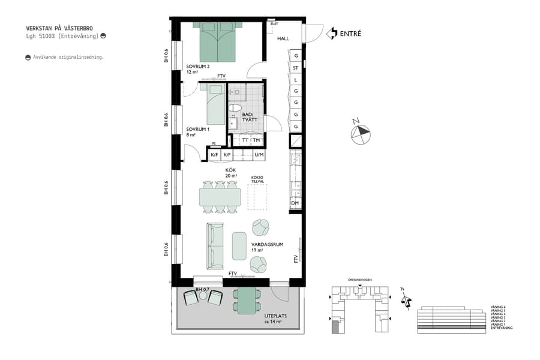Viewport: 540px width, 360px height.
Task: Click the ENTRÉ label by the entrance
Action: (350, 34)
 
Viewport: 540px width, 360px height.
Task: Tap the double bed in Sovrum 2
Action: (219, 42)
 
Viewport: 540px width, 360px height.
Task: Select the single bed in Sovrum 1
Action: (215, 105)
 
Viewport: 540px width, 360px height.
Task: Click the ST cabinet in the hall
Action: (296, 68)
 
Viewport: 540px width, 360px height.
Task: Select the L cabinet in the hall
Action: (296, 80)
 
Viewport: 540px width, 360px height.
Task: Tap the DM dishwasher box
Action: (295, 203)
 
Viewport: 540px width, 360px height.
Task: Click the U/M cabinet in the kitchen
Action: (259, 155)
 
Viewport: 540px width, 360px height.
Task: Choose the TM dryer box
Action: (257, 140)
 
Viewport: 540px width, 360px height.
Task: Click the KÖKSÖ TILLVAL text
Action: (257, 179)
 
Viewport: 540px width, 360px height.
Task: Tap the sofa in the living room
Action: (215, 246)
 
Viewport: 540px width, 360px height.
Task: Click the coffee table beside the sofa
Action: (239, 245)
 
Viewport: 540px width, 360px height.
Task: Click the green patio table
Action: (246, 301)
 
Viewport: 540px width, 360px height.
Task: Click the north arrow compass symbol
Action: (361, 133)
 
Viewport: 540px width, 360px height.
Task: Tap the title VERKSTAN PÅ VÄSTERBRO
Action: (59, 28)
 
